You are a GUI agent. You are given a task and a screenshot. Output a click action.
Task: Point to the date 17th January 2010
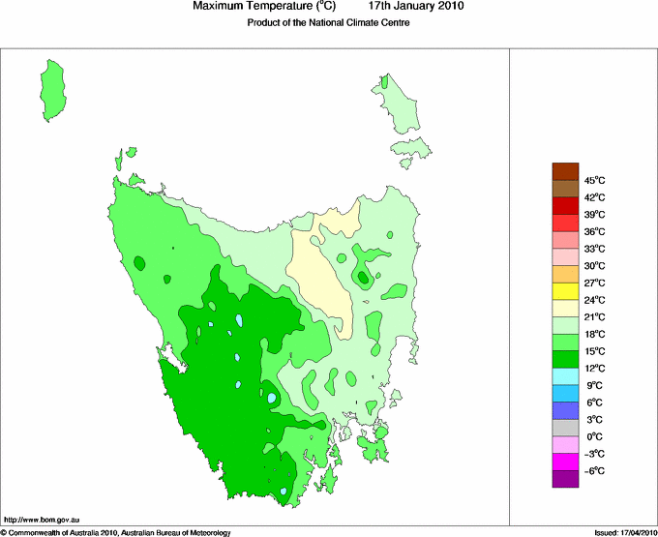(417, 7)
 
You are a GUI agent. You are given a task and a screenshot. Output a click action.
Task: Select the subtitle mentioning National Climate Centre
(329, 23)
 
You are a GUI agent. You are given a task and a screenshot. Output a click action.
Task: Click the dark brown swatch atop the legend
(565, 171)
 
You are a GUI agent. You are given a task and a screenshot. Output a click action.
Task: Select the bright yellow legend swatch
(565, 291)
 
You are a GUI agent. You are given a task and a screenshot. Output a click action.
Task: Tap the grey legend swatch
(565, 428)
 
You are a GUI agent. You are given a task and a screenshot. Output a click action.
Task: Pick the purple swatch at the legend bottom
(565, 479)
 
